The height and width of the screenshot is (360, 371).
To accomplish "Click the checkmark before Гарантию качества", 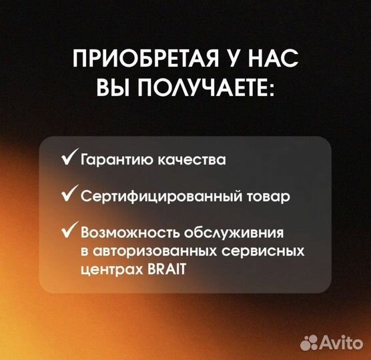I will coord(68,159).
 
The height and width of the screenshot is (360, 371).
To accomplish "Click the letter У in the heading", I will coord(238,60).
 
